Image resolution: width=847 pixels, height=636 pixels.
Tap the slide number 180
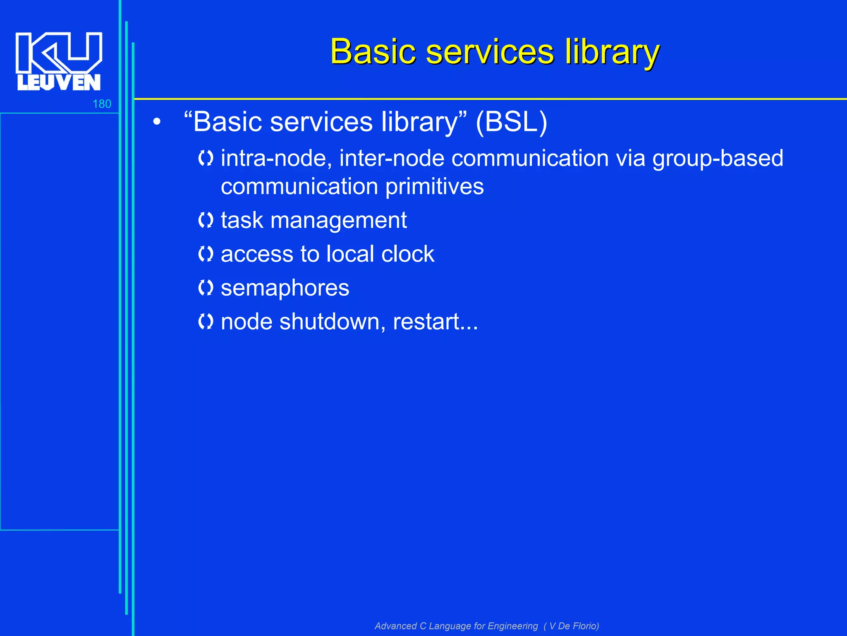[x=102, y=104]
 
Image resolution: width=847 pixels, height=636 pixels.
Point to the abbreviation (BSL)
[x=511, y=122]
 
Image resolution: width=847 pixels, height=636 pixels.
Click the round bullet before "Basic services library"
[x=156, y=123]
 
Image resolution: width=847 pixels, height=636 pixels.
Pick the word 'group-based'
[x=718, y=159]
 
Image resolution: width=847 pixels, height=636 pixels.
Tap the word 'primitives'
[x=434, y=187]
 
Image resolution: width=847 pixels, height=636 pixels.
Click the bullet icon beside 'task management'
[x=206, y=220]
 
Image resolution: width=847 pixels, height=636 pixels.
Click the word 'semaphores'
[x=285, y=288]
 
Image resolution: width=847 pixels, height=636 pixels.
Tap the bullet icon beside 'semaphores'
[x=206, y=288]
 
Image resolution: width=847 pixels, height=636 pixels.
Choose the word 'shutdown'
[x=329, y=322]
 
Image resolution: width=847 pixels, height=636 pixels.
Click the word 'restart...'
[x=435, y=322]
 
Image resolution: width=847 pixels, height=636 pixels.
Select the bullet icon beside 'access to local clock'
[x=206, y=254]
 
